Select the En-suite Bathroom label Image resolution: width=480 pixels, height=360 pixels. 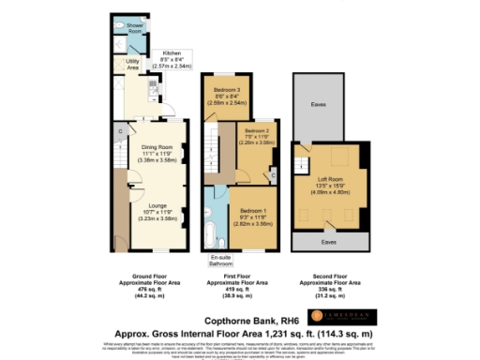tap(220, 259)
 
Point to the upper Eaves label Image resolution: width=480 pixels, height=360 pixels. tap(322, 106)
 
